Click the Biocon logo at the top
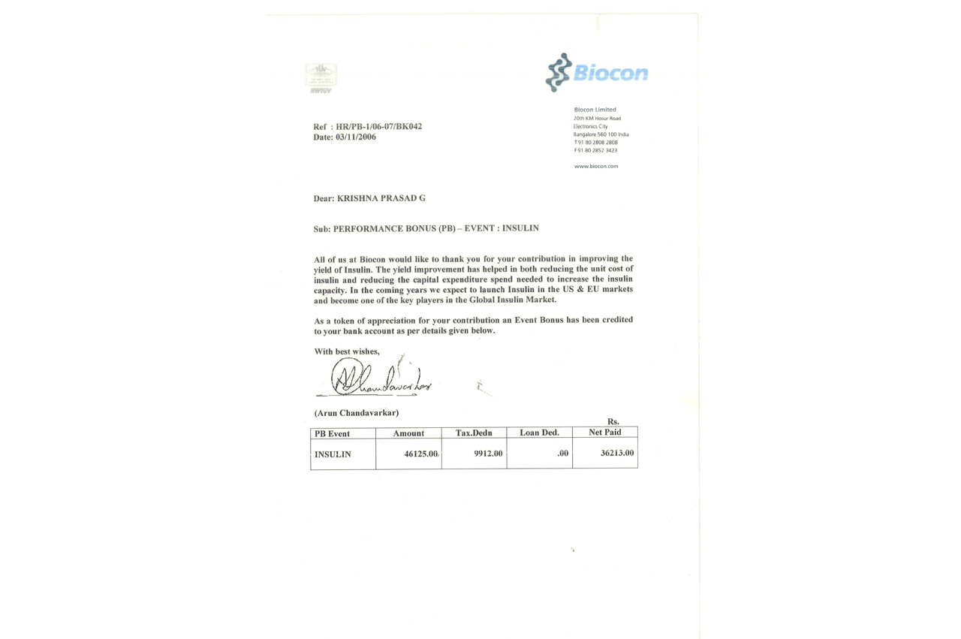point(597,72)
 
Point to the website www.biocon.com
point(596,166)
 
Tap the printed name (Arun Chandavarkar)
point(357,412)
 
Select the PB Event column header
point(333,434)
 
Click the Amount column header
point(408,433)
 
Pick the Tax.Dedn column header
point(474,433)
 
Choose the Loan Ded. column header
point(539,433)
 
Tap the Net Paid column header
point(605,433)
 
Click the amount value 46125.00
point(421,454)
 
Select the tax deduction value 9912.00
point(488,454)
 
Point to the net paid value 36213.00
point(617,453)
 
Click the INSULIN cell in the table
point(333,454)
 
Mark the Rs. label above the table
point(613,422)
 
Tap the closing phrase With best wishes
point(347,351)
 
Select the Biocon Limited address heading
point(595,110)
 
